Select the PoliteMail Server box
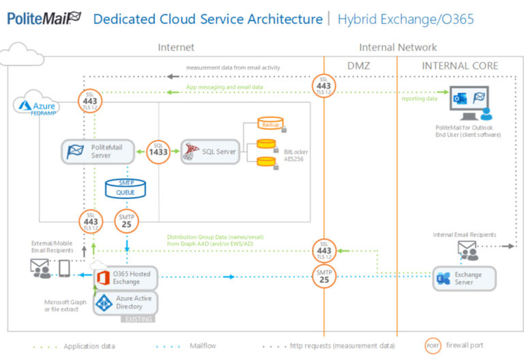point(96,151)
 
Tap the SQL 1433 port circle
point(159,151)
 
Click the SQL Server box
point(209,151)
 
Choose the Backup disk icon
point(270,124)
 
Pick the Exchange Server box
point(464,277)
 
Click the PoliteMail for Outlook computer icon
point(468,106)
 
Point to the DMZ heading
point(360,65)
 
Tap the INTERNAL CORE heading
point(460,65)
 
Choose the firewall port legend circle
point(433,345)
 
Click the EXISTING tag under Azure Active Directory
point(139,318)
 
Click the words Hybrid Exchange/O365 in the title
point(405,18)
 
